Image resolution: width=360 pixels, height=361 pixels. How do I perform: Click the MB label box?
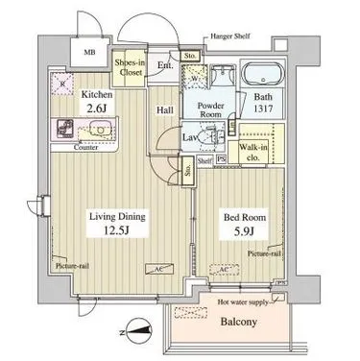(89, 55)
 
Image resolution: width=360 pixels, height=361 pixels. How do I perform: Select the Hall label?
(164, 110)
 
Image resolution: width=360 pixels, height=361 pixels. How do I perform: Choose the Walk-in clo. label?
(254, 152)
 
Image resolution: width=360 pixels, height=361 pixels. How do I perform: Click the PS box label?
(222, 160)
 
